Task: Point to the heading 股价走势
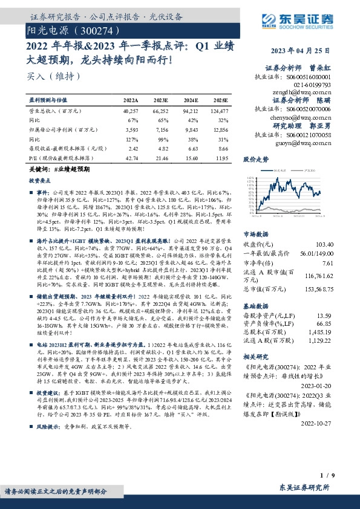[x=255, y=160]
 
